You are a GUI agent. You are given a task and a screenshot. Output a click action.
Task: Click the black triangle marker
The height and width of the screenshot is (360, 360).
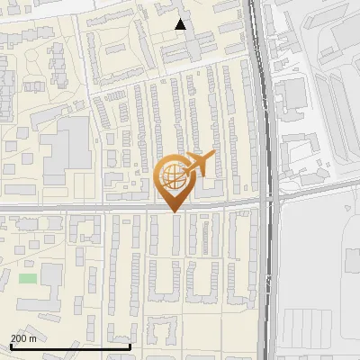point(181,24)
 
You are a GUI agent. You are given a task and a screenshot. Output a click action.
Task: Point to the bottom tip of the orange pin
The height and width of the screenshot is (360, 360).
point(173,211)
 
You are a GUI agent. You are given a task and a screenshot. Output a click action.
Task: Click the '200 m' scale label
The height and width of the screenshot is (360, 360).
point(24,338)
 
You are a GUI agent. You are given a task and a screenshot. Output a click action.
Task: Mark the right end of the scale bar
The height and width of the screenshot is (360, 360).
point(130,346)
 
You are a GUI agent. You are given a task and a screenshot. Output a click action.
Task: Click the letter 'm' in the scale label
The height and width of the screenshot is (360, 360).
point(33,338)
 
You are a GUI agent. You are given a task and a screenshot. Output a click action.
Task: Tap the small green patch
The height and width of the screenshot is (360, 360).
point(28,278)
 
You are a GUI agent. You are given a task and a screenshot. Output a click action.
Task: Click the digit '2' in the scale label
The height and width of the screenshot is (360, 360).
point(13,338)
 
